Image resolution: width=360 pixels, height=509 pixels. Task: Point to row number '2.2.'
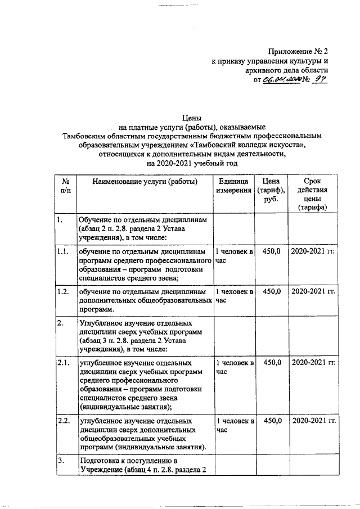(63, 421)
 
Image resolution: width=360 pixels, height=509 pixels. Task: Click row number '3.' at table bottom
(60, 461)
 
